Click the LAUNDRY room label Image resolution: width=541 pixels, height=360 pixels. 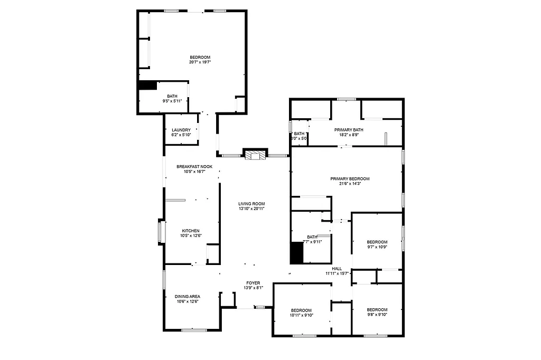point(181,130)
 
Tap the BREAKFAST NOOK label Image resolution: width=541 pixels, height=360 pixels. point(194,167)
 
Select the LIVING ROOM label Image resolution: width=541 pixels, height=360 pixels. point(251,204)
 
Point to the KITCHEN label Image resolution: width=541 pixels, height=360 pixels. point(191,231)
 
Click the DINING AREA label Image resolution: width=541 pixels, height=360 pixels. point(188,296)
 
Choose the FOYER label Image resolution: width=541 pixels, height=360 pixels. point(253,283)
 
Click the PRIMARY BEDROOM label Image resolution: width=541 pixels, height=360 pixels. point(350,179)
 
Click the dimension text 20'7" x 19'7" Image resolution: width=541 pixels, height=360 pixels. point(200,62)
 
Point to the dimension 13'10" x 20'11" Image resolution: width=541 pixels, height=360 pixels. point(251,209)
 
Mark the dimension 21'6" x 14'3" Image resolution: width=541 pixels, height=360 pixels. point(350,184)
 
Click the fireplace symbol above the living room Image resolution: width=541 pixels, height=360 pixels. point(256,154)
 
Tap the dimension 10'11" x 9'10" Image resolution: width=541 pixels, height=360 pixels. point(301,315)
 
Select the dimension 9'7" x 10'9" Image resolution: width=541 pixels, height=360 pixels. point(377,247)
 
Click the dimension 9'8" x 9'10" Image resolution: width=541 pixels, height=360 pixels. point(377,315)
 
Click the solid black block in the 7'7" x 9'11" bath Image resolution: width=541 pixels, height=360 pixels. point(297,252)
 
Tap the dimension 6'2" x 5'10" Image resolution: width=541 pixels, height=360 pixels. point(181,135)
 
